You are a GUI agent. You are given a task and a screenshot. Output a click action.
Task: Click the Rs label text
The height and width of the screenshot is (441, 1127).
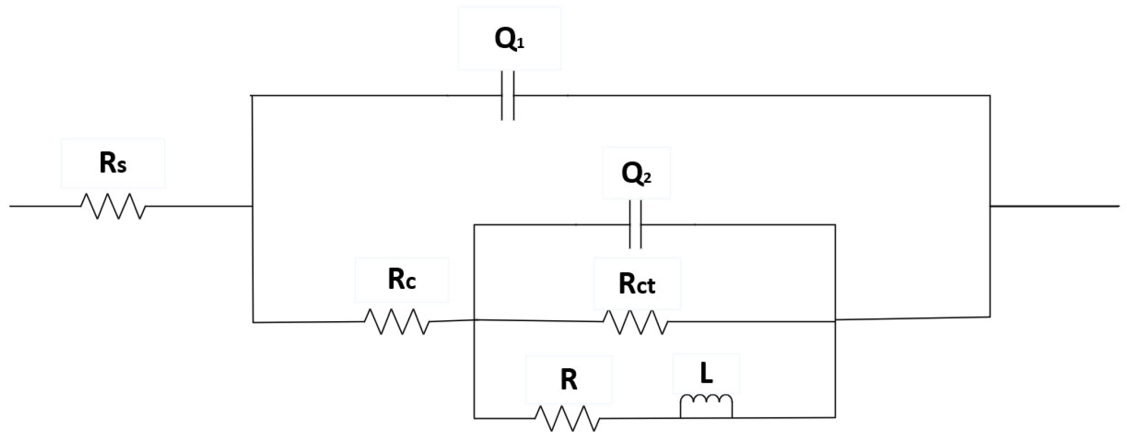(113, 164)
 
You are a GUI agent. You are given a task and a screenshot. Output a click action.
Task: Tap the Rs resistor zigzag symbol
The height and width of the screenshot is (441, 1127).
(113, 206)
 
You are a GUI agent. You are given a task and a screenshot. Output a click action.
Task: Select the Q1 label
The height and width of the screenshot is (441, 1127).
(509, 40)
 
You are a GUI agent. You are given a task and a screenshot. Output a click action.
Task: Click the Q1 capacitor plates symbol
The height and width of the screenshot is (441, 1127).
(507, 96)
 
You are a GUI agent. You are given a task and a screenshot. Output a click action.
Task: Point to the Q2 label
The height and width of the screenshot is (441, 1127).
(636, 174)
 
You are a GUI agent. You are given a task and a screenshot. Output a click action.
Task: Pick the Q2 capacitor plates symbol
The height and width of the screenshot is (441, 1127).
(635, 225)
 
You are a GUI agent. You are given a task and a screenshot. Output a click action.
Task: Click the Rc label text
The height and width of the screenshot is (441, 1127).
(402, 280)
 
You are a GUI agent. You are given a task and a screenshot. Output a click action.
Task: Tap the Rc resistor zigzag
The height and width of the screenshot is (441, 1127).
(397, 322)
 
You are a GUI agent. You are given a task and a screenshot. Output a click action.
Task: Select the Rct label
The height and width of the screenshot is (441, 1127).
(637, 284)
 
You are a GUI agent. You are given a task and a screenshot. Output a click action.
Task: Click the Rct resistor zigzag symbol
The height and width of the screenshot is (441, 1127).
(635, 322)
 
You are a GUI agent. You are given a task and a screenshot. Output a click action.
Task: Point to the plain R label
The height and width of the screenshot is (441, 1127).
(568, 380)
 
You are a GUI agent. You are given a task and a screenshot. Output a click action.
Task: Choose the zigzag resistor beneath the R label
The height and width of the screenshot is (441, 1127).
(568, 418)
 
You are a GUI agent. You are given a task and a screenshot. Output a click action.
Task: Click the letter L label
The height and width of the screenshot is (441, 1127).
(706, 374)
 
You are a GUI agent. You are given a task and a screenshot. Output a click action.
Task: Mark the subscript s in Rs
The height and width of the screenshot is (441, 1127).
(121, 167)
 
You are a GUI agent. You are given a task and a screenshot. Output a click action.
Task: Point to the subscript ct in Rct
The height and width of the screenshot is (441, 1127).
(647, 287)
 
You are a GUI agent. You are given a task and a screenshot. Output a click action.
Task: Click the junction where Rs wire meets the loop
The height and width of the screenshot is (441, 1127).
(252, 206)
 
